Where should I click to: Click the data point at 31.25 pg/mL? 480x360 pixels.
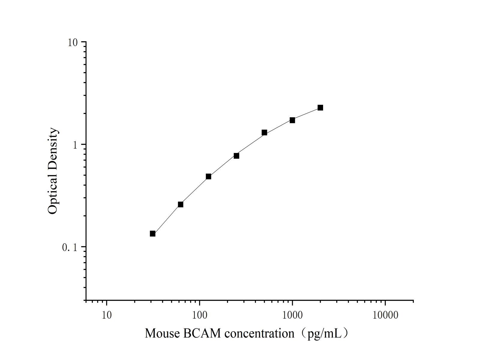click(x=152, y=233)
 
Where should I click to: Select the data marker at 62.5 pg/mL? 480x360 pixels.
click(x=180, y=204)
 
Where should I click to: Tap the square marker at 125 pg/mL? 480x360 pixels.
click(x=208, y=176)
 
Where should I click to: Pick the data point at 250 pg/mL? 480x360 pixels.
click(x=236, y=156)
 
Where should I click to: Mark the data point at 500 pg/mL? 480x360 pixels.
click(x=264, y=132)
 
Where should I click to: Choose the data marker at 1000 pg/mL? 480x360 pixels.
click(x=292, y=120)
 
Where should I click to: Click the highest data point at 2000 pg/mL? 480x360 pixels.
click(x=320, y=108)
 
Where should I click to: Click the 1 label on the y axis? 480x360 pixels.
click(x=75, y=145)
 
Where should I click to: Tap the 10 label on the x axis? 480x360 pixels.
click(x=106, y=315)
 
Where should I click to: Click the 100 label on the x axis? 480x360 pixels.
click(x=199, y=315)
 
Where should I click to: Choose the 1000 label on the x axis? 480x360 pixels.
click(x=292, y=315)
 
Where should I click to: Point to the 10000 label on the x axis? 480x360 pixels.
click(x=385, y=315)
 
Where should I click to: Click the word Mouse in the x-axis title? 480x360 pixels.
click(x=162, y=333)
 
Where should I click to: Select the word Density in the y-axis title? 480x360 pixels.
click(x=52, y=148)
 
